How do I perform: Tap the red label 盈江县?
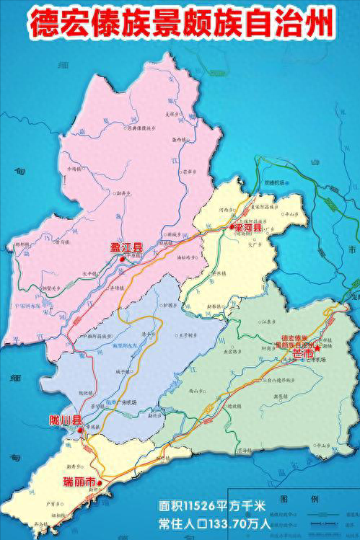pos(126,249)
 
